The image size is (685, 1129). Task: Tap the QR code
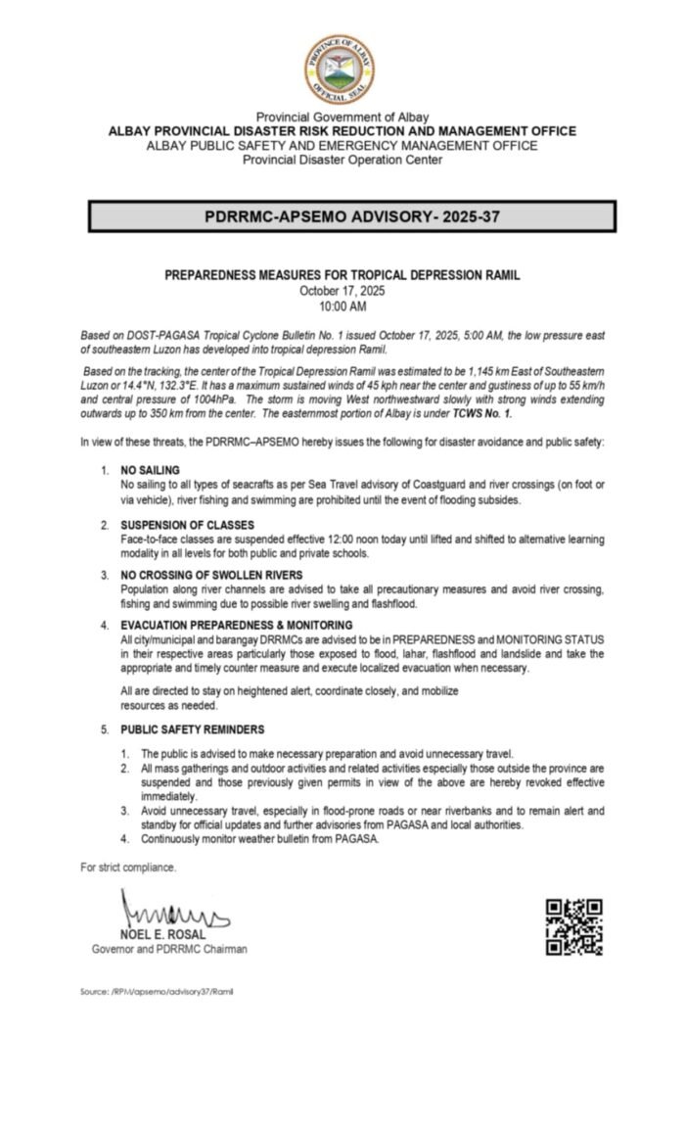(x=573, y=926)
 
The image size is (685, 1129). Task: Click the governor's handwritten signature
(x=171, y=913)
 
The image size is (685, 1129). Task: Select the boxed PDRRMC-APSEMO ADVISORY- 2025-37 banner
(x=352, y=216)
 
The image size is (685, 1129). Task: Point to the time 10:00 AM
(x=342, y=306)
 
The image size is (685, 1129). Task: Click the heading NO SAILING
(x=151, y=471)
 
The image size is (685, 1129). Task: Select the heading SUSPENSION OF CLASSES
(x=187, y=526)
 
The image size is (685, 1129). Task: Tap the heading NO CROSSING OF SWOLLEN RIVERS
(x=211, y=574)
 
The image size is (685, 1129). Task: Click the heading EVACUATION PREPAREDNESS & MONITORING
(x=237, y=624)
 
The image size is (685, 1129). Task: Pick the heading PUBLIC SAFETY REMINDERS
(x=193, y=729)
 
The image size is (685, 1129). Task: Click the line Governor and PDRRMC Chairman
(x=169, y=949)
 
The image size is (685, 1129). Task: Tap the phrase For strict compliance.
(x=129, y=868)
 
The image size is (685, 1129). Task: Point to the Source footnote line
(x=157, y=991)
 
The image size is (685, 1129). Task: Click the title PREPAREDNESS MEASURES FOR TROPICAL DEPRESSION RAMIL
(x=342, y=276)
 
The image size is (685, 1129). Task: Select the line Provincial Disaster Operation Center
(x=342, y=160)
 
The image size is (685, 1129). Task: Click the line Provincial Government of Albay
(x=342, y=118)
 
